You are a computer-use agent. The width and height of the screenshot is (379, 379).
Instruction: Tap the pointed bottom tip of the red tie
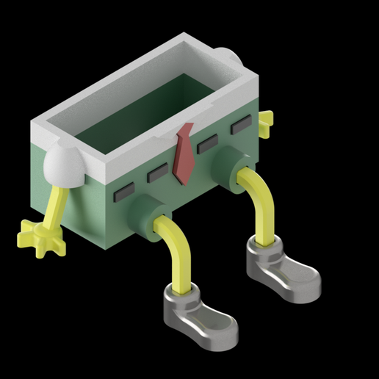click(184, 180)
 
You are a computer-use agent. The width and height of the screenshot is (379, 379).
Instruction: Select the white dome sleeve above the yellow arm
click(64, 165)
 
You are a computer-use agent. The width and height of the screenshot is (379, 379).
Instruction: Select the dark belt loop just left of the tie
click(157, 174)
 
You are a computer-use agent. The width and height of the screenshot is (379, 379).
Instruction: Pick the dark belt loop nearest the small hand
click(240, 126)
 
